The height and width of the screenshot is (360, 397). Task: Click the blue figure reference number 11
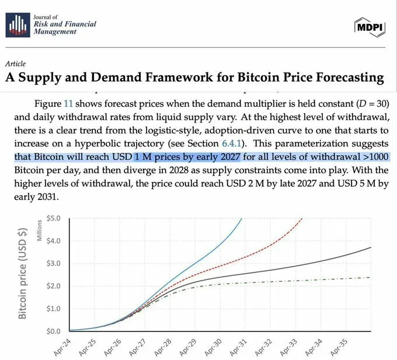point(68,103)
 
